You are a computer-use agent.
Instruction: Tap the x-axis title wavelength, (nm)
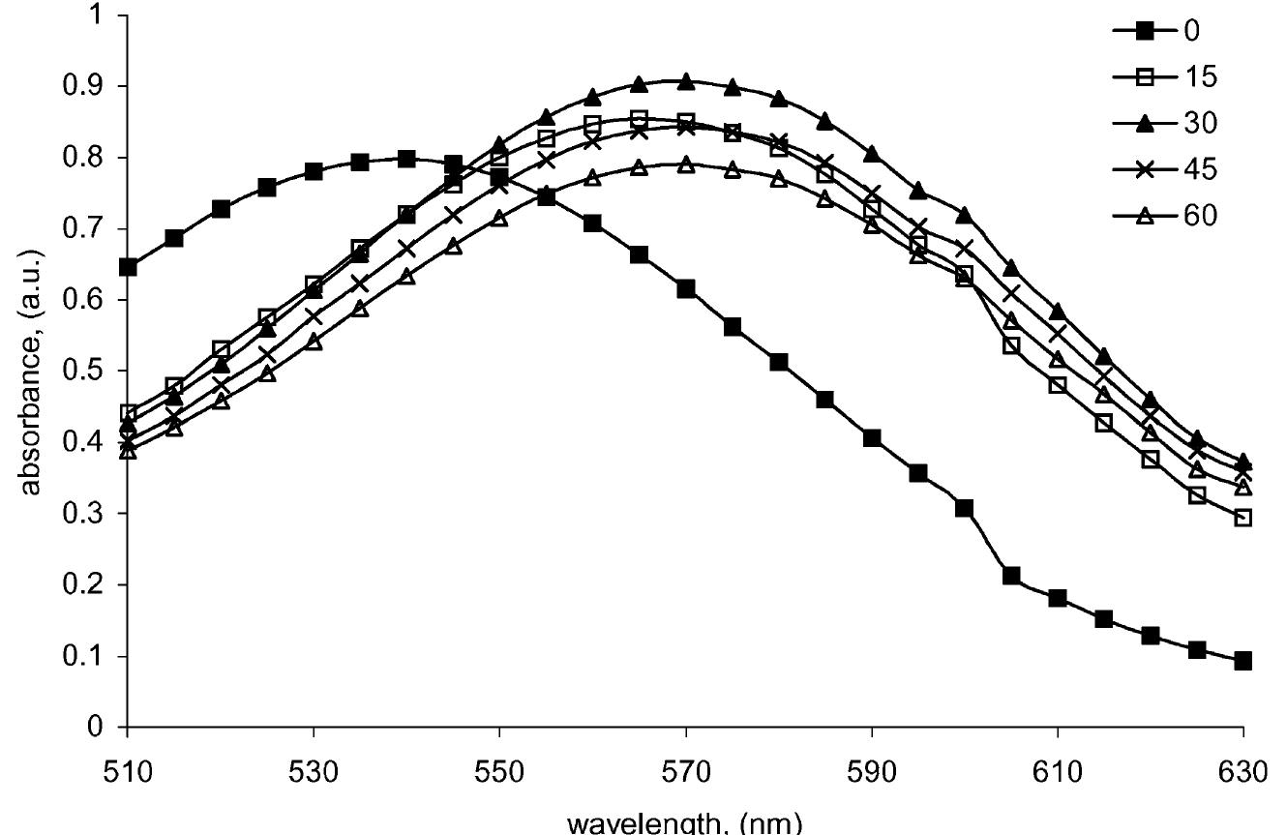click(685, 822)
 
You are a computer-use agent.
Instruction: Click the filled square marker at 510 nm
click(128, 267)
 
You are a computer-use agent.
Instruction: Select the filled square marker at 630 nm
click(1243, 661)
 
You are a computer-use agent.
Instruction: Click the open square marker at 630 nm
click(1243, 519)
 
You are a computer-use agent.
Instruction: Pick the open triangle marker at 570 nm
click(686, 164)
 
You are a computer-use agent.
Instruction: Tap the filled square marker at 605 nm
click(1011, 576)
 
